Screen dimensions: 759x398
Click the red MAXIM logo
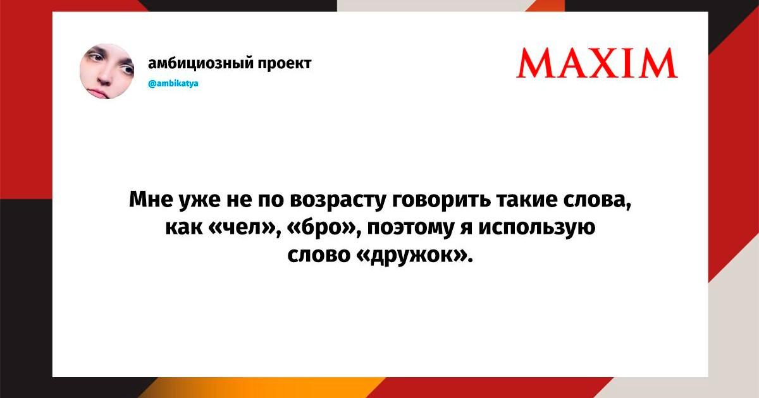tap(596, 63)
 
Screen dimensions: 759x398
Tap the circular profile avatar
tap(107, 71)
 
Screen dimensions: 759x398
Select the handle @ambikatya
tap(173, 83)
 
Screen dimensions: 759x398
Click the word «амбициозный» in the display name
tap(201, 63)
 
